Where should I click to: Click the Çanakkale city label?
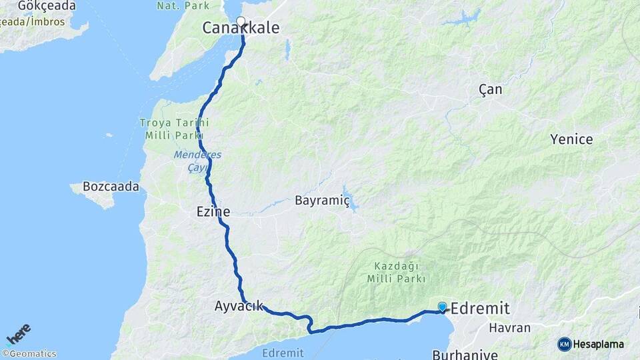241,28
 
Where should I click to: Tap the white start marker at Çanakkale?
241,21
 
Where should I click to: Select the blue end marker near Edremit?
442,307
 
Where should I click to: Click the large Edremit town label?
480,309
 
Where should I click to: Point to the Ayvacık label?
239,307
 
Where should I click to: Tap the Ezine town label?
213,212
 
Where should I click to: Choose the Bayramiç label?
323,201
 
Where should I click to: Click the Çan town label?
491,89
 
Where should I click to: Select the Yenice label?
571,139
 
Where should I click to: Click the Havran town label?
509,328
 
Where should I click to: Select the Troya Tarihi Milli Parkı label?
174,129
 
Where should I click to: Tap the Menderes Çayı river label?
197,161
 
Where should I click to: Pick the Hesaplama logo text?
598,345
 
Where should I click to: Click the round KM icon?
565,345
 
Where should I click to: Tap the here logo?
19,333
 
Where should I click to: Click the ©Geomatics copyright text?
29,354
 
